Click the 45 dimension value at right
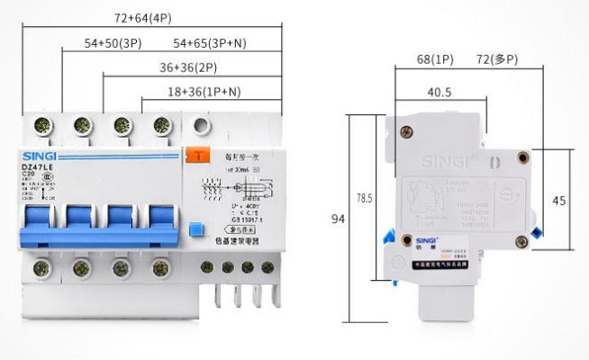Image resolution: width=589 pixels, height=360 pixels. pos(558,201)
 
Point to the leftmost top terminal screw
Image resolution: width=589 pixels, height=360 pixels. pos(41,125)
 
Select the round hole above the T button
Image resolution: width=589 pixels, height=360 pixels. pos(204,125)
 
